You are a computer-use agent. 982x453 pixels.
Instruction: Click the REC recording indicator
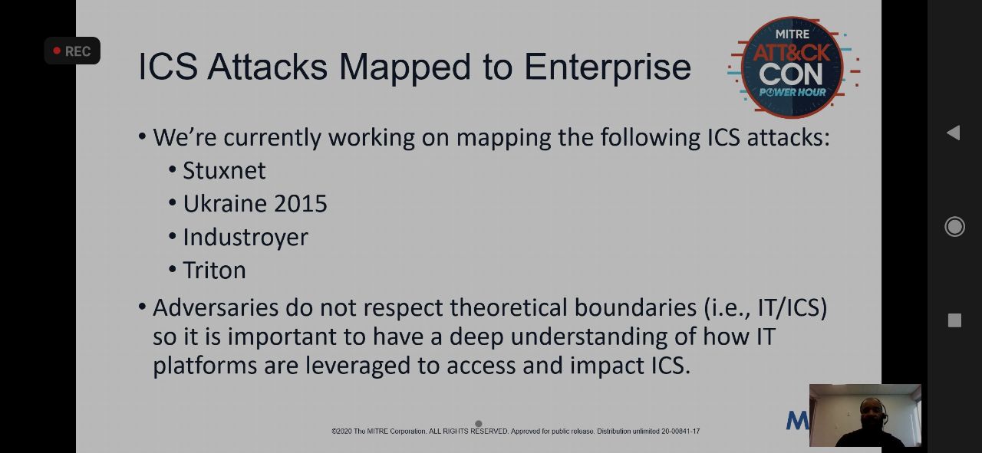tap(72, 51)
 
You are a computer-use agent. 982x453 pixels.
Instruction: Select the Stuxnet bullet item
tap(224, 170)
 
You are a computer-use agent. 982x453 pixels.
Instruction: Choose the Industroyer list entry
tap(245, 238)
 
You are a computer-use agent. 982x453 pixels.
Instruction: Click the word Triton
tap(214, 271)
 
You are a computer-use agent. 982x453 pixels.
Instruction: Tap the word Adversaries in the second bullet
tap(216, 307)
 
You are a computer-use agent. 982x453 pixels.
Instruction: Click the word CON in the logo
tap(791, 74)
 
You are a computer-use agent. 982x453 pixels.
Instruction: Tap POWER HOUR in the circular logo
tap(793, 92)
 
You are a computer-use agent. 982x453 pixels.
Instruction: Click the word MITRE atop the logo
tap(793, 34)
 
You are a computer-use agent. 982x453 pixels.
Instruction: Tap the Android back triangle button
tap(954, 133)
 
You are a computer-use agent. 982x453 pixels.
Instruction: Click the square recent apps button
tap(954, 320)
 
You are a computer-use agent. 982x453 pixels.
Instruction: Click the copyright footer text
tap(516, 431)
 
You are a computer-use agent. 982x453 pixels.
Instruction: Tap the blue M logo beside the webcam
tap(797, 420)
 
